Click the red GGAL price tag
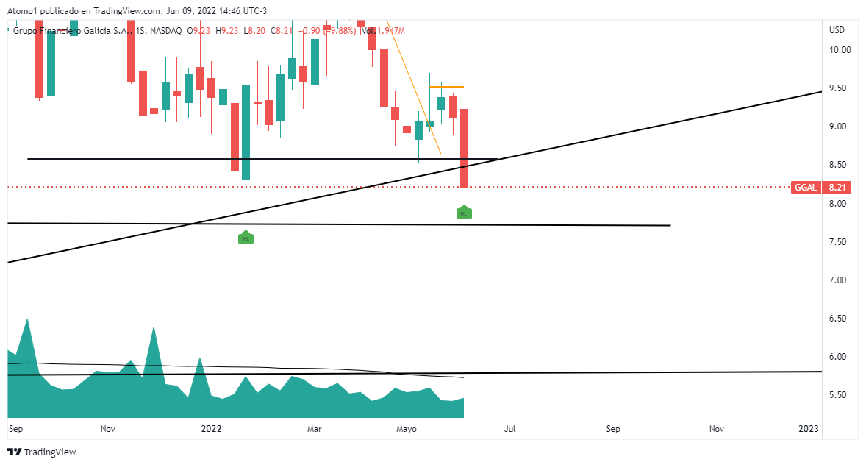click(806, 188)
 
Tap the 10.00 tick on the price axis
click(840, 50)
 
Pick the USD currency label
click(837, 30)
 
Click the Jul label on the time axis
click(509, 428)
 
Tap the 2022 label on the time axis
click(211, 428)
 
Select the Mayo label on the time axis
click(407, 428)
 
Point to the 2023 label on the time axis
click(809, 428)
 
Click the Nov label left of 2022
click(108, 428)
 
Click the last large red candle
click(465, 148)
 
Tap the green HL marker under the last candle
click(464, 213)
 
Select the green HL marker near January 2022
click(246, 238)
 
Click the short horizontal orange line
click(446, 87)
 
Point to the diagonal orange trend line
click(415, 96)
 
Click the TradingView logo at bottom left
click(42, 452)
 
